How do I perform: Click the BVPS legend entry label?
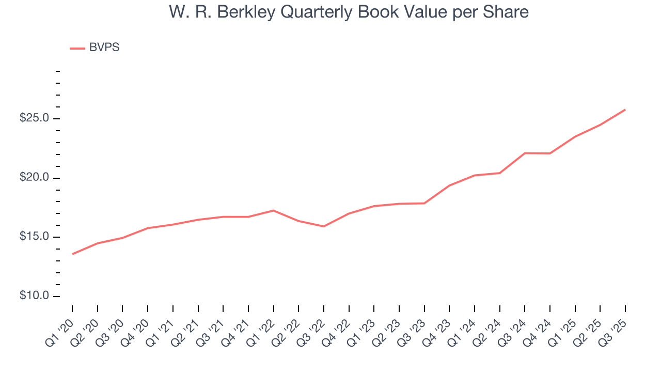(104, 48)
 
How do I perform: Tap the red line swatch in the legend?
(77, 48)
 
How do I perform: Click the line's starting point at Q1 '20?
(72, 254)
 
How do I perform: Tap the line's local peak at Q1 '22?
(273, 210)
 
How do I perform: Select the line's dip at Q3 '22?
(324, 226)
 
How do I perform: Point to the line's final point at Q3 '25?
(625, 110)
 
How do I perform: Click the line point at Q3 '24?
(525, 153)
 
